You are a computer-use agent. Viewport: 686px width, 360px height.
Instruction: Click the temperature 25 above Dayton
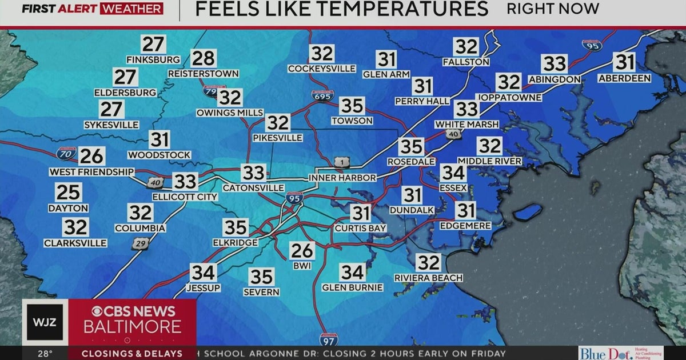click(68, 193)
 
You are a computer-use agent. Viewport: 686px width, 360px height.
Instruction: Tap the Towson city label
click(352, 121)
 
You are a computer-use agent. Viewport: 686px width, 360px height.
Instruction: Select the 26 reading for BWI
click(301, 250)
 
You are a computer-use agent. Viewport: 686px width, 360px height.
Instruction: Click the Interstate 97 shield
click(328, 339)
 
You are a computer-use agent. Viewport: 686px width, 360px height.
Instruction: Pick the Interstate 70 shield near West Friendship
click(66, 153)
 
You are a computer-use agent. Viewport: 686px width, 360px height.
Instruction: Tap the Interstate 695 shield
click(322, 96)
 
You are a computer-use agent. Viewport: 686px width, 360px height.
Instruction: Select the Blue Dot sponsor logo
click(620, 353)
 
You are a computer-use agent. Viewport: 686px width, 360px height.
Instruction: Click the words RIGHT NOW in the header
click(552, 9)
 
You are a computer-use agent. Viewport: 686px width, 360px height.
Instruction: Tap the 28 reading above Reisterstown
click(204, 58)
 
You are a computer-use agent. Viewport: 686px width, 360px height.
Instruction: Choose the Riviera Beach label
click(428, 278)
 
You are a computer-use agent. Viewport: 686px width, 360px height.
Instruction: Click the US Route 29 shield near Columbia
click(138, 244)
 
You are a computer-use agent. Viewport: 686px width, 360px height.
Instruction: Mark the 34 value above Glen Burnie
click(352, 273)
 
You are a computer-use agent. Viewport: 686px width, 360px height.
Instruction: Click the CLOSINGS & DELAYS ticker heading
click(131, 354)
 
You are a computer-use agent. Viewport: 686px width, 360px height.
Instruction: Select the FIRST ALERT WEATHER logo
click(93, 9)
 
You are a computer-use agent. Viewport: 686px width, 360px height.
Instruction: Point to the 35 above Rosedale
click(411, 147)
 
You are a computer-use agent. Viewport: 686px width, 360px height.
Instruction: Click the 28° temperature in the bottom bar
click(46, 354)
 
